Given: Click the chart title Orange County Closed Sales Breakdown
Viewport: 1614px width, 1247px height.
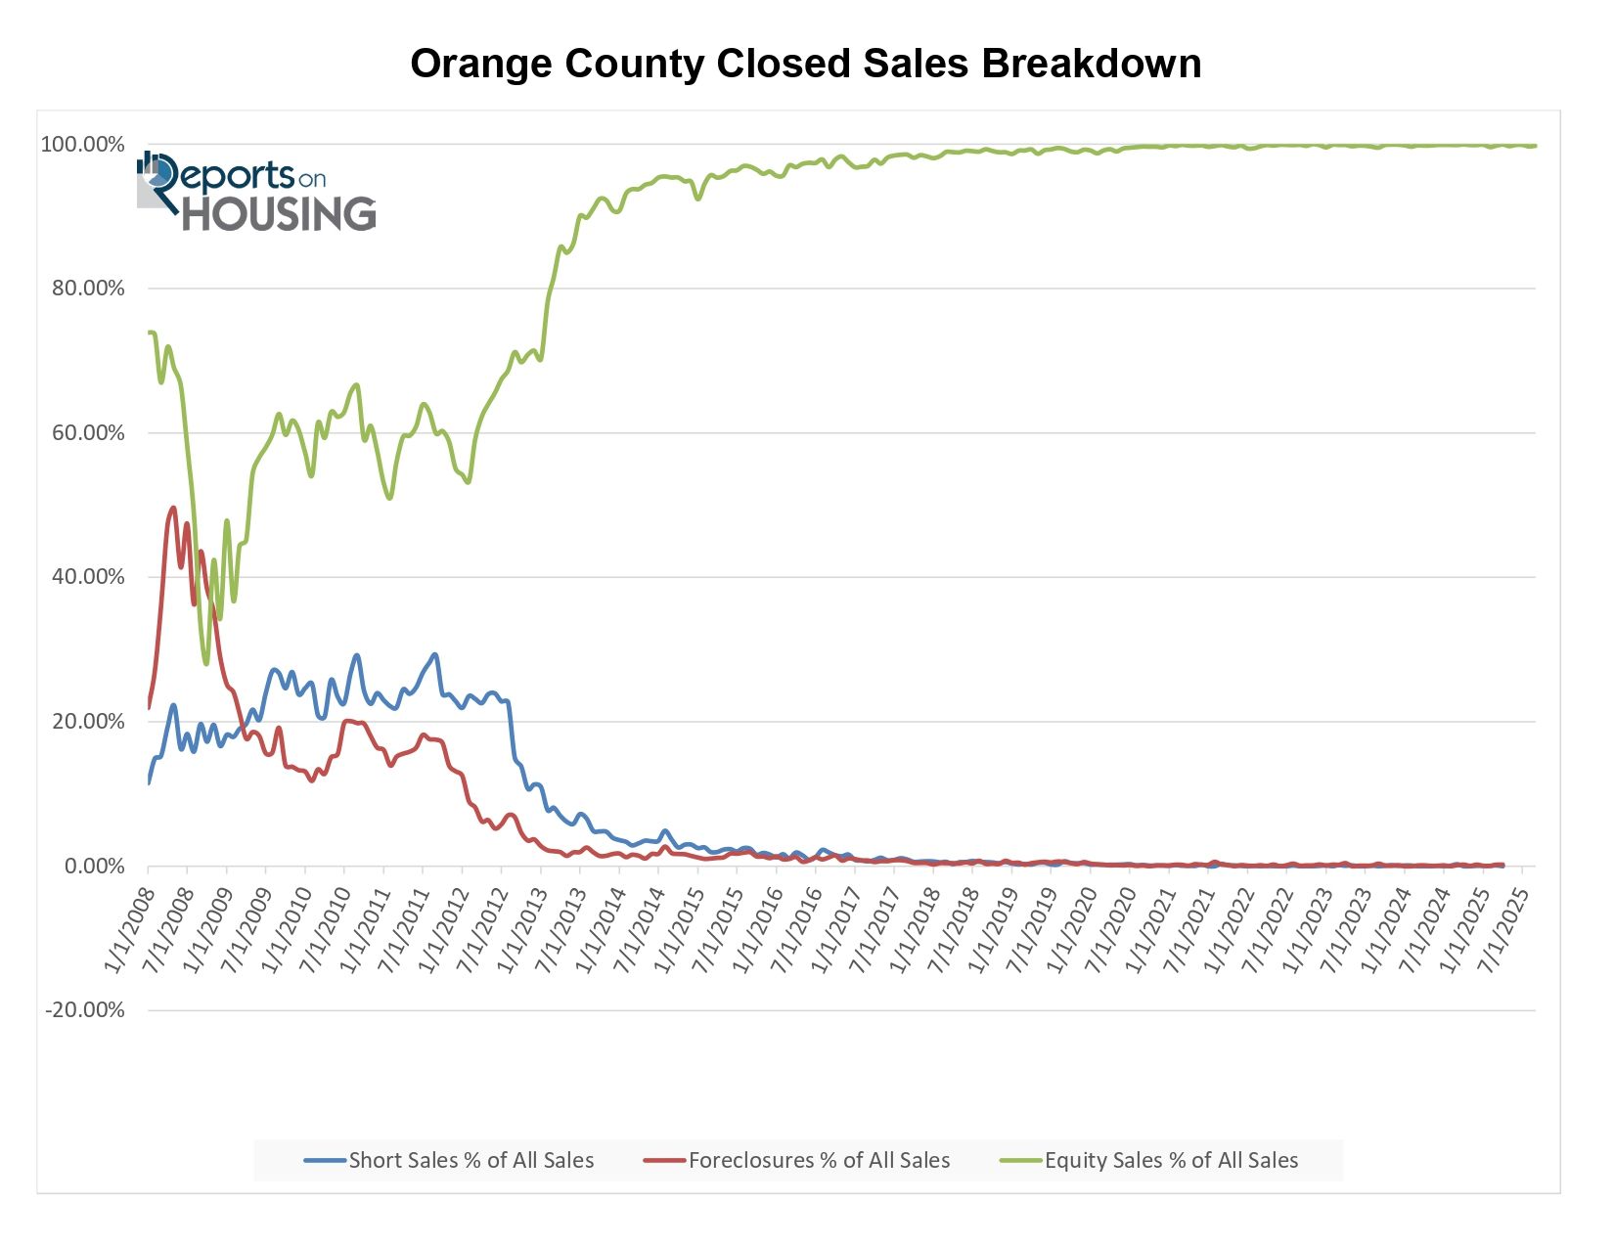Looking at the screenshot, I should (805, 64).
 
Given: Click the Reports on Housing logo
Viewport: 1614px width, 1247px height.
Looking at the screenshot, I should (256, 193).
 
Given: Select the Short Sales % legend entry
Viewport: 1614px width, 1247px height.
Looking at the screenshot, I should (449, 1160).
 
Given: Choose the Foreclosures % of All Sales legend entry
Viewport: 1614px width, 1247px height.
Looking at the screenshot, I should (797, 1160).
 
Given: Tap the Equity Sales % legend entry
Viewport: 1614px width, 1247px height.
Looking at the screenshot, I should (1149, 1160).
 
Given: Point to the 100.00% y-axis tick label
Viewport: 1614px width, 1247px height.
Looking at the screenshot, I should (82, 145).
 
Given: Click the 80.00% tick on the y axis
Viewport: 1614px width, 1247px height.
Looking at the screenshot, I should (88, 289).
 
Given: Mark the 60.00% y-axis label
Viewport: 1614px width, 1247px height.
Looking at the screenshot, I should (88, 432).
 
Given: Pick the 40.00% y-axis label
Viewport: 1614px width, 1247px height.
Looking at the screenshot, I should (88, 577).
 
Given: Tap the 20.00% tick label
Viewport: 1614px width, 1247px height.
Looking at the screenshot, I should (88, 722).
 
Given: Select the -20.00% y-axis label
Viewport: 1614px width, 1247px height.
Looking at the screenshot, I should (85, 1010).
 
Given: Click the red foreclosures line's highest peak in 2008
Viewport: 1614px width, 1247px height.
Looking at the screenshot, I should (173, 508).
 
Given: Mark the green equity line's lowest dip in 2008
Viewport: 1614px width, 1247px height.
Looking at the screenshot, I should (206, 664).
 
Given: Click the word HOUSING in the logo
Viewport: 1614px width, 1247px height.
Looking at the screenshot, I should (280, 214).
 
